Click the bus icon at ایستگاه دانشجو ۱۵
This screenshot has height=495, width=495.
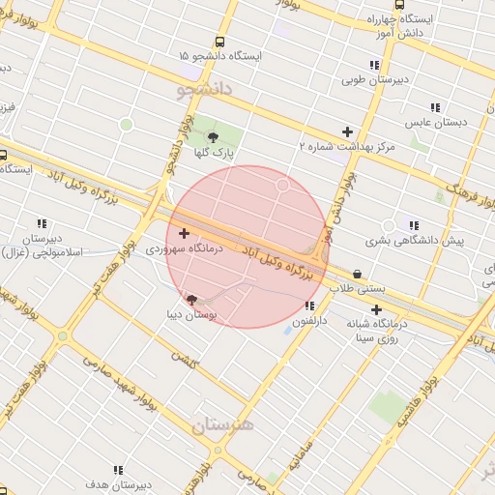pyautogui.click(x=219, y=43)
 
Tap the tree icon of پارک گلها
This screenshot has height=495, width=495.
pyautogui.click(x=213, y=137)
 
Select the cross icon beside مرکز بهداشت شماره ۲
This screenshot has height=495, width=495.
pyautogui.click(x=347, y=131)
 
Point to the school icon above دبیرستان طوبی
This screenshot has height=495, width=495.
pyautogui.click(x=374, y=65)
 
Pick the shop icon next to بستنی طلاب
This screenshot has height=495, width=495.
pyautogui.click(x=359, y=274)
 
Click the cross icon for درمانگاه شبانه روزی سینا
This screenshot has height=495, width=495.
pyautogui.click(x=375, y=309)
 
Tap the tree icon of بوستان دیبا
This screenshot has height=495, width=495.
pyautogui.click(x=190, y=300)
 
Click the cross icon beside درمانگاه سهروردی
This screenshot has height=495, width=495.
pyautogui.click(x=184, y=233)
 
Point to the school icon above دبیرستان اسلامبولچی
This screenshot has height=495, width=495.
pyautogui.click(x=41, y=223)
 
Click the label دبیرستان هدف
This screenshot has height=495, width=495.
pyautogui.click(x=115, y=483)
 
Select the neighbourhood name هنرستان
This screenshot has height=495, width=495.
pyautogui.click(x=222, y=424)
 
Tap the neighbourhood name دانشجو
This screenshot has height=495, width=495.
pyautogui.click(x=206, y=90)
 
